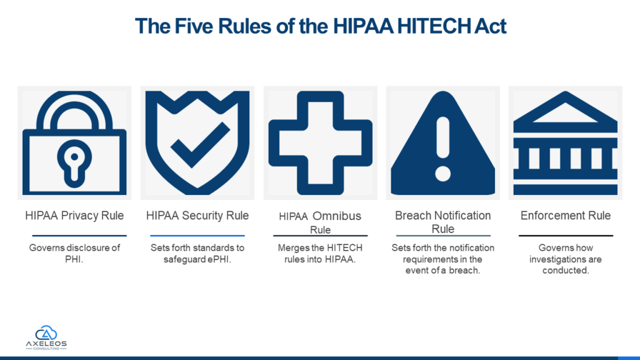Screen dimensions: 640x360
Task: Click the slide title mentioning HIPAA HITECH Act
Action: [x=321, y=26]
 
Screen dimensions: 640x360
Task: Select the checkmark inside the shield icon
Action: [x=201, y=145]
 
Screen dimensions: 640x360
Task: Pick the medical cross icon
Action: [x=321, y=143]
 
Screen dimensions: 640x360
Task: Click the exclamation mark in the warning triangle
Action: [x=443, y=149]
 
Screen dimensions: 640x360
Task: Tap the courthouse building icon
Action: [x=565, y=143]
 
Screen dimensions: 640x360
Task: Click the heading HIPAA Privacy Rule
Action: [x=74, y=216]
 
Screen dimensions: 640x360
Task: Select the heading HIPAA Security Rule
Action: [x=197, y=216]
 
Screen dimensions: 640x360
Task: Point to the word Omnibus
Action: [x=337, y=216]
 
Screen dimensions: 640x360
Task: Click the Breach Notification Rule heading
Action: [x=443, y=222]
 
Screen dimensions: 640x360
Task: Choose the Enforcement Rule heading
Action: [x=566, y=216]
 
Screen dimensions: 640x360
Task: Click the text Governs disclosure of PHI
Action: [x=74, y=254]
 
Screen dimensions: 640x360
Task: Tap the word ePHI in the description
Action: [x=219, y=259]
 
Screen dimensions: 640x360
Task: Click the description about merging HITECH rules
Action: [x=321, y=254]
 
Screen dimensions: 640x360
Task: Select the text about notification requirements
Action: [x=443, y=259]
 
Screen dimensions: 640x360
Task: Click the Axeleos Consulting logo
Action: [x=46, y=337]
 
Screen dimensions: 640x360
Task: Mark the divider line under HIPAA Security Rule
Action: [x=197, y=236]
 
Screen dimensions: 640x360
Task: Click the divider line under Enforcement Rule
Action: [x=566, y=236]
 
